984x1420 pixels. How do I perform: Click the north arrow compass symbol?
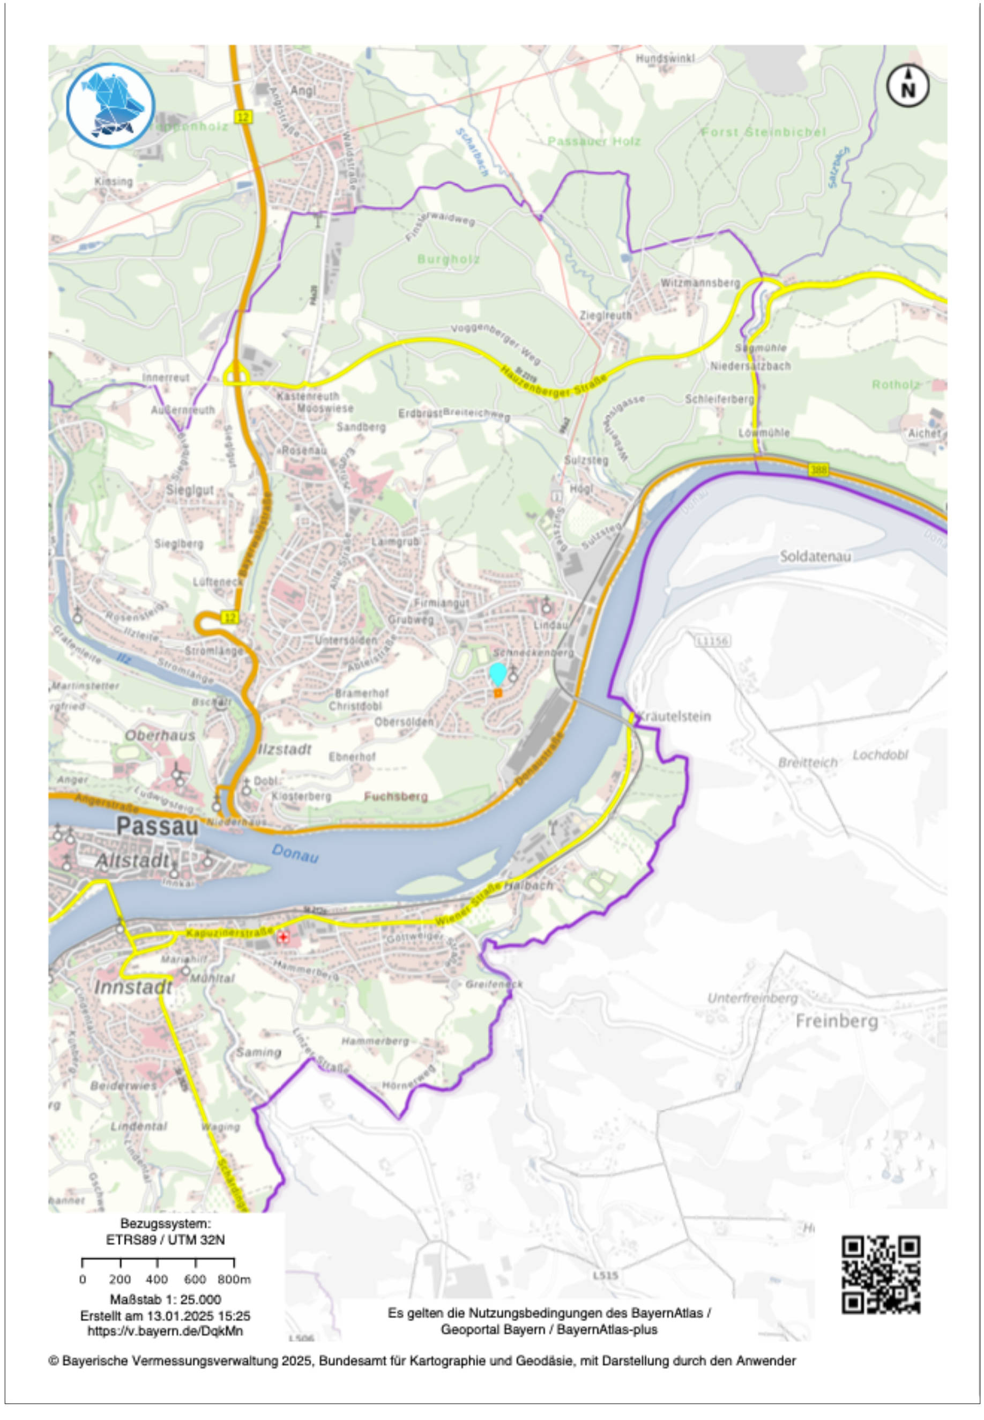[x=907, y=86]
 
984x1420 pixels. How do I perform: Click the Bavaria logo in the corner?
[x=111, y=106]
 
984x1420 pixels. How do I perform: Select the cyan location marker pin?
[x=497, y=674]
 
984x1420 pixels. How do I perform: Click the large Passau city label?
[x=158, y=826]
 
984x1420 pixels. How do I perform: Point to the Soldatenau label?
[x=815, y=557]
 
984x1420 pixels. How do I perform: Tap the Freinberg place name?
[x=837, y=1021]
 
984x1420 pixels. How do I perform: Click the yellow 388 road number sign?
[x=818, y=470]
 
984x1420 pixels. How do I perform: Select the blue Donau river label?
[x=295, y=854]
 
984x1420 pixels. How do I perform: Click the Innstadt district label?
[x=133, y=988]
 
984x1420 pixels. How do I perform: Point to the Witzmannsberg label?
[x=700, y=283]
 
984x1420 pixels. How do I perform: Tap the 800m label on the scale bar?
[x=234, y=1280]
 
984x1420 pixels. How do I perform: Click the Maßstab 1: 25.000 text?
[x=165, y=1299]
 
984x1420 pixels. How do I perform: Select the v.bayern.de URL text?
[x=165, y=1330]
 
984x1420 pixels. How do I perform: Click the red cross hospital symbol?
[x=283, y=937]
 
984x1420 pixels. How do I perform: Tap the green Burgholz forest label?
[x=448, y=259]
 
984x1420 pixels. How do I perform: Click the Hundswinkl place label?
[x=665, y=58]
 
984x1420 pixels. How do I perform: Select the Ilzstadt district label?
[x=284, y=750]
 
